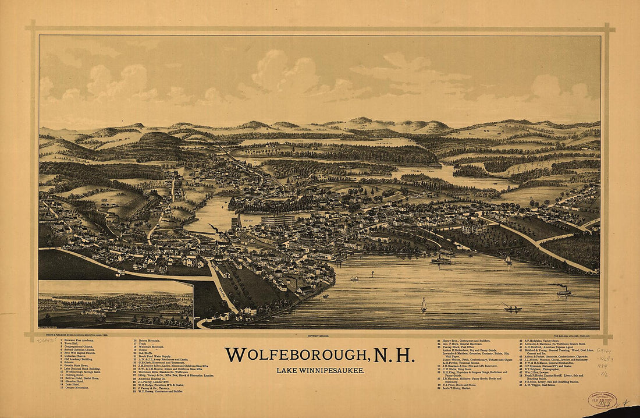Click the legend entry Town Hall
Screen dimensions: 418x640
click(70, 343)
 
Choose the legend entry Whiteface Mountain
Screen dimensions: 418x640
click(151, 347)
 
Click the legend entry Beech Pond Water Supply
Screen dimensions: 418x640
click(155, 357)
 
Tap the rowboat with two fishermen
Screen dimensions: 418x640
click(513, 309)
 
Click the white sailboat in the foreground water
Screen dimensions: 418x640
click(424, 304)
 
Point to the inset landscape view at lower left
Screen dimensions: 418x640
click(116, 304)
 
